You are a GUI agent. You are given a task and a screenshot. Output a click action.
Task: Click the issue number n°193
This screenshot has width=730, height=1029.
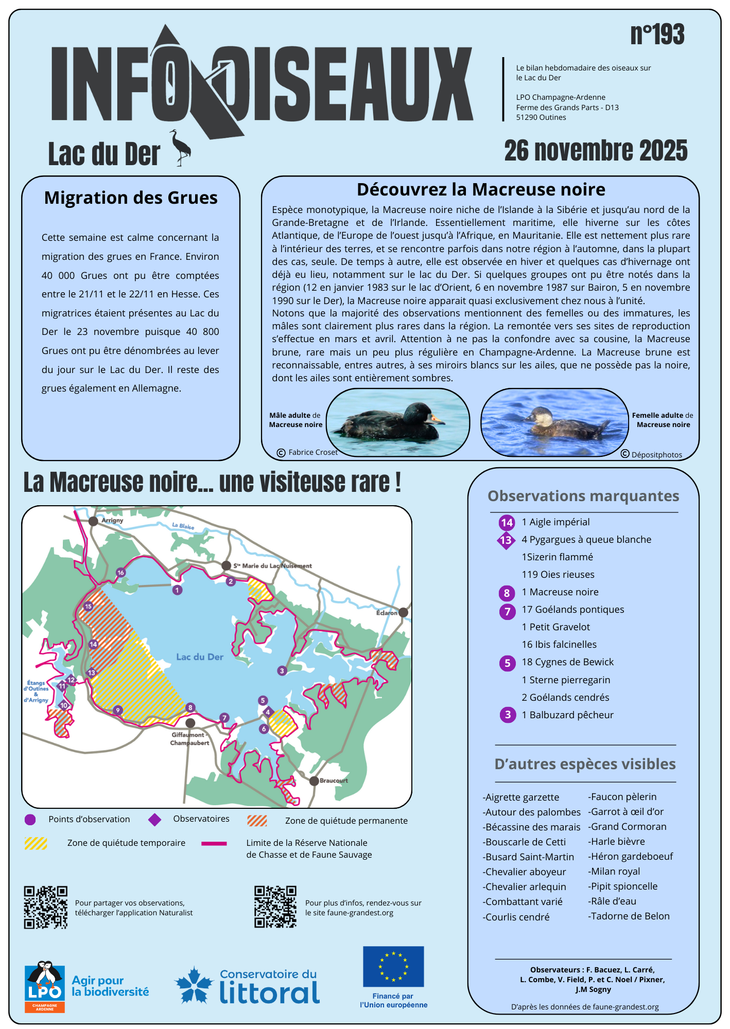pos(657,35)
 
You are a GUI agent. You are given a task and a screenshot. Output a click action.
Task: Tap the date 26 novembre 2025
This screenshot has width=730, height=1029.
pos(596,151)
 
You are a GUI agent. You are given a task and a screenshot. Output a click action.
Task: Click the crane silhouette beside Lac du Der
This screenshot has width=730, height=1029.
pos(181,148)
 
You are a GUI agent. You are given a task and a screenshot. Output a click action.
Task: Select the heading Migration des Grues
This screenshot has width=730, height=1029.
pos(131,198)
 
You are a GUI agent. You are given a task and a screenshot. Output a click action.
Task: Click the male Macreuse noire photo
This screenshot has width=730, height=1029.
pos(398,422)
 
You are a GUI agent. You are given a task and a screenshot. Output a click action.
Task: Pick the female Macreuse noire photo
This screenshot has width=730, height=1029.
pos(554,422)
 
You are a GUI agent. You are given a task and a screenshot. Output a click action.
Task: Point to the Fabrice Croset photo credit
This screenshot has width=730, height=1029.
pos(308,452)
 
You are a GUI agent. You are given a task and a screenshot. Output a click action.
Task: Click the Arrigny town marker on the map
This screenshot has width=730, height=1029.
pos(93,521)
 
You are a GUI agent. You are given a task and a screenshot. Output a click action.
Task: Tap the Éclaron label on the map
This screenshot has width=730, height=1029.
pos(387,613)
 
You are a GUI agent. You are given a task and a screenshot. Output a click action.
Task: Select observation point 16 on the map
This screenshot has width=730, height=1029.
pos(120,573)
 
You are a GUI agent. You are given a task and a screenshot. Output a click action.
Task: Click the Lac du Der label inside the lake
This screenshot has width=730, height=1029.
pos(200,657)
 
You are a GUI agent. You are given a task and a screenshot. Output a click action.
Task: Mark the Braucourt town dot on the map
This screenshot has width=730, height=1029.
pos(314,781)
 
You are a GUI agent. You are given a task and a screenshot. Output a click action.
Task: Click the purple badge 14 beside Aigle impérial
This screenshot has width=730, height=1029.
pos(507,523)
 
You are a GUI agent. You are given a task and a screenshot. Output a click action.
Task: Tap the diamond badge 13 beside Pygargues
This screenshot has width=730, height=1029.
pos(506,540)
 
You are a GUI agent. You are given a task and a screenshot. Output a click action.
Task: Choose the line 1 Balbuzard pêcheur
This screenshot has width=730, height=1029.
pos(567,715)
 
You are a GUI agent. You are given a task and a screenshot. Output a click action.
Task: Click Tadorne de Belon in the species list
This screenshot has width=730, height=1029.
pos(630,916)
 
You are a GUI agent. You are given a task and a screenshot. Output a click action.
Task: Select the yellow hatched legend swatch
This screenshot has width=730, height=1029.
pos(36,843)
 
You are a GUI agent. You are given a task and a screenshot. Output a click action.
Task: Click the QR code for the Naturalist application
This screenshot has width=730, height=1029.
pos(46,907)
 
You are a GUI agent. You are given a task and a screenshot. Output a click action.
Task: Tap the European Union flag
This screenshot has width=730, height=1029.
pos(393,966)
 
